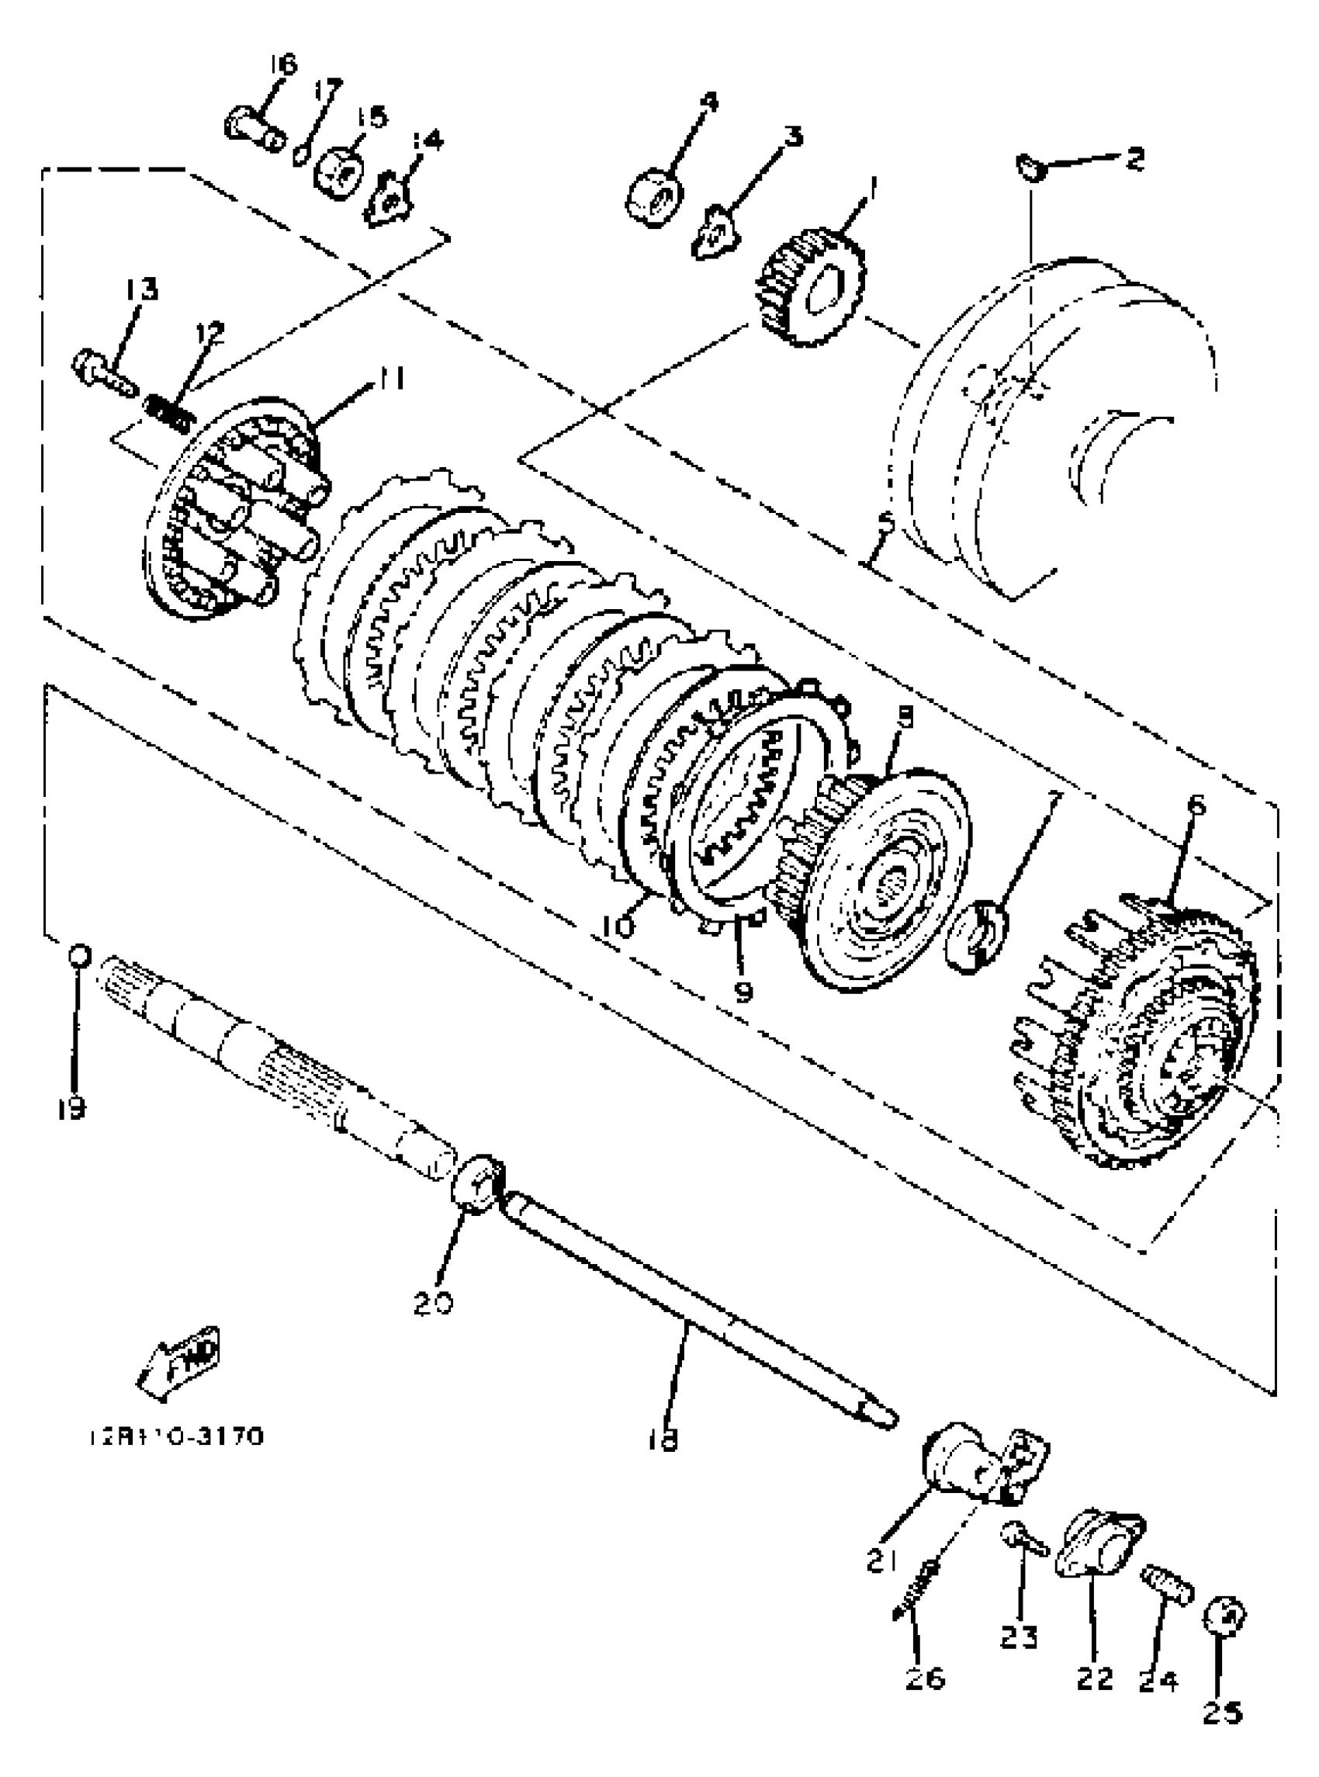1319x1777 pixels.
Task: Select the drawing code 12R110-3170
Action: (x=175, y=1437)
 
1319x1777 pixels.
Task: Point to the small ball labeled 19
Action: (x=80, y=955)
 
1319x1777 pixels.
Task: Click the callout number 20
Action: (x=434, y=1304)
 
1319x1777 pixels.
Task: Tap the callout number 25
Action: (x=1221, y=1712)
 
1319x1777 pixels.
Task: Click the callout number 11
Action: (x=390, y=378)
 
